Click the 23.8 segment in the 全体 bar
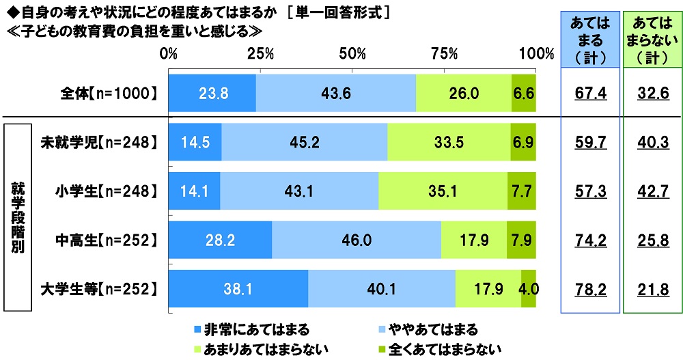click(x=212, y=93)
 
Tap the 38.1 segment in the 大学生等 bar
click(x=238, y=289)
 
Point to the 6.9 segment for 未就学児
click(x=523, y=142)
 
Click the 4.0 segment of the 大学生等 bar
click(x=529, y=289)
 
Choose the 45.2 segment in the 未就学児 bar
click(x=304, y=142)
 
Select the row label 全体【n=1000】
click(x=110, y=93)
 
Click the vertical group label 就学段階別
click(x=18, y=216)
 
